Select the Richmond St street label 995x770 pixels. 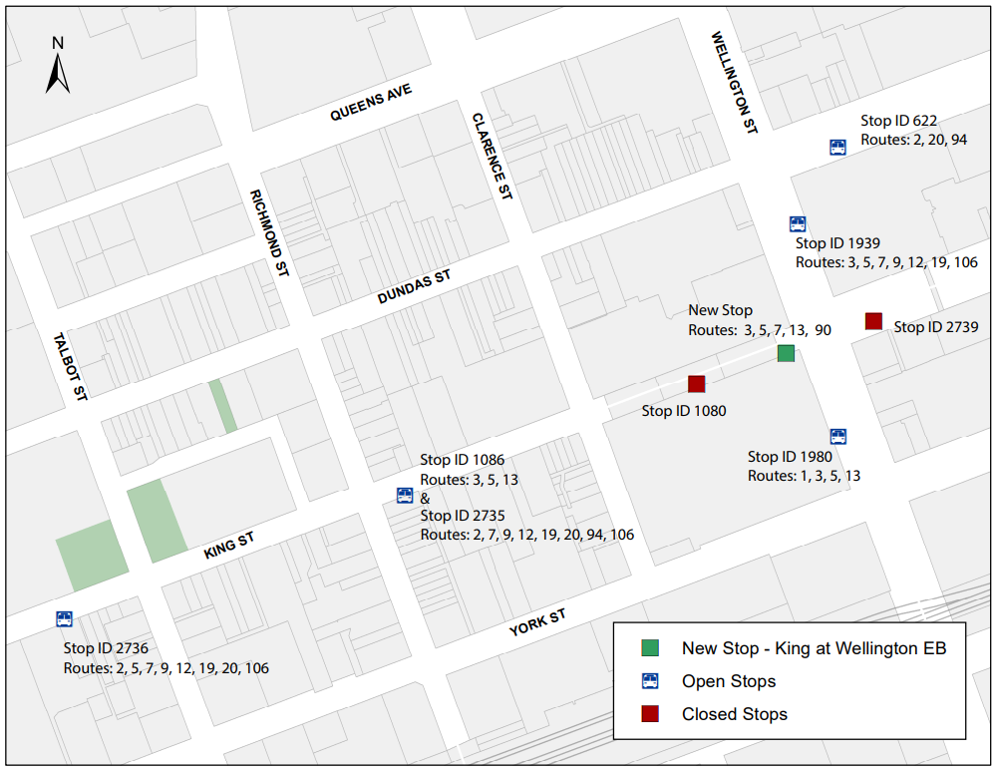(x=270, y=233)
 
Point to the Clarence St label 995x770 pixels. (x=492, y=156)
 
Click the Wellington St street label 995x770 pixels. (x=736, y=83)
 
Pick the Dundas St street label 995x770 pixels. (x=415, y=287)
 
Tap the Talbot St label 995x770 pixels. (x=72, y=366)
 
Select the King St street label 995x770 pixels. (x=229, y=546)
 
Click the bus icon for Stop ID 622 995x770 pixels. (x=838, y=148)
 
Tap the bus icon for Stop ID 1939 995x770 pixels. (x=798, y=223)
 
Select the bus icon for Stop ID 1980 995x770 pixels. (x=838, y=436)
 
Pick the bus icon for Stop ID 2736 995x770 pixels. (x=65, y=618)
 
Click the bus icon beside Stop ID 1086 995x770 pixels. (x=405, y=495)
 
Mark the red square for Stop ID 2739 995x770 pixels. (x=873, y=320)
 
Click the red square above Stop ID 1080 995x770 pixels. (x=696, y=383)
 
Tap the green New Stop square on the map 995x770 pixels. (x=786, y=352)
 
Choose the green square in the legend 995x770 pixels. (x=649, y=648)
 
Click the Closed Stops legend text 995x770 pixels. (x=734, y=714)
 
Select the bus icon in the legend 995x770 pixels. (x=649, y=681)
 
